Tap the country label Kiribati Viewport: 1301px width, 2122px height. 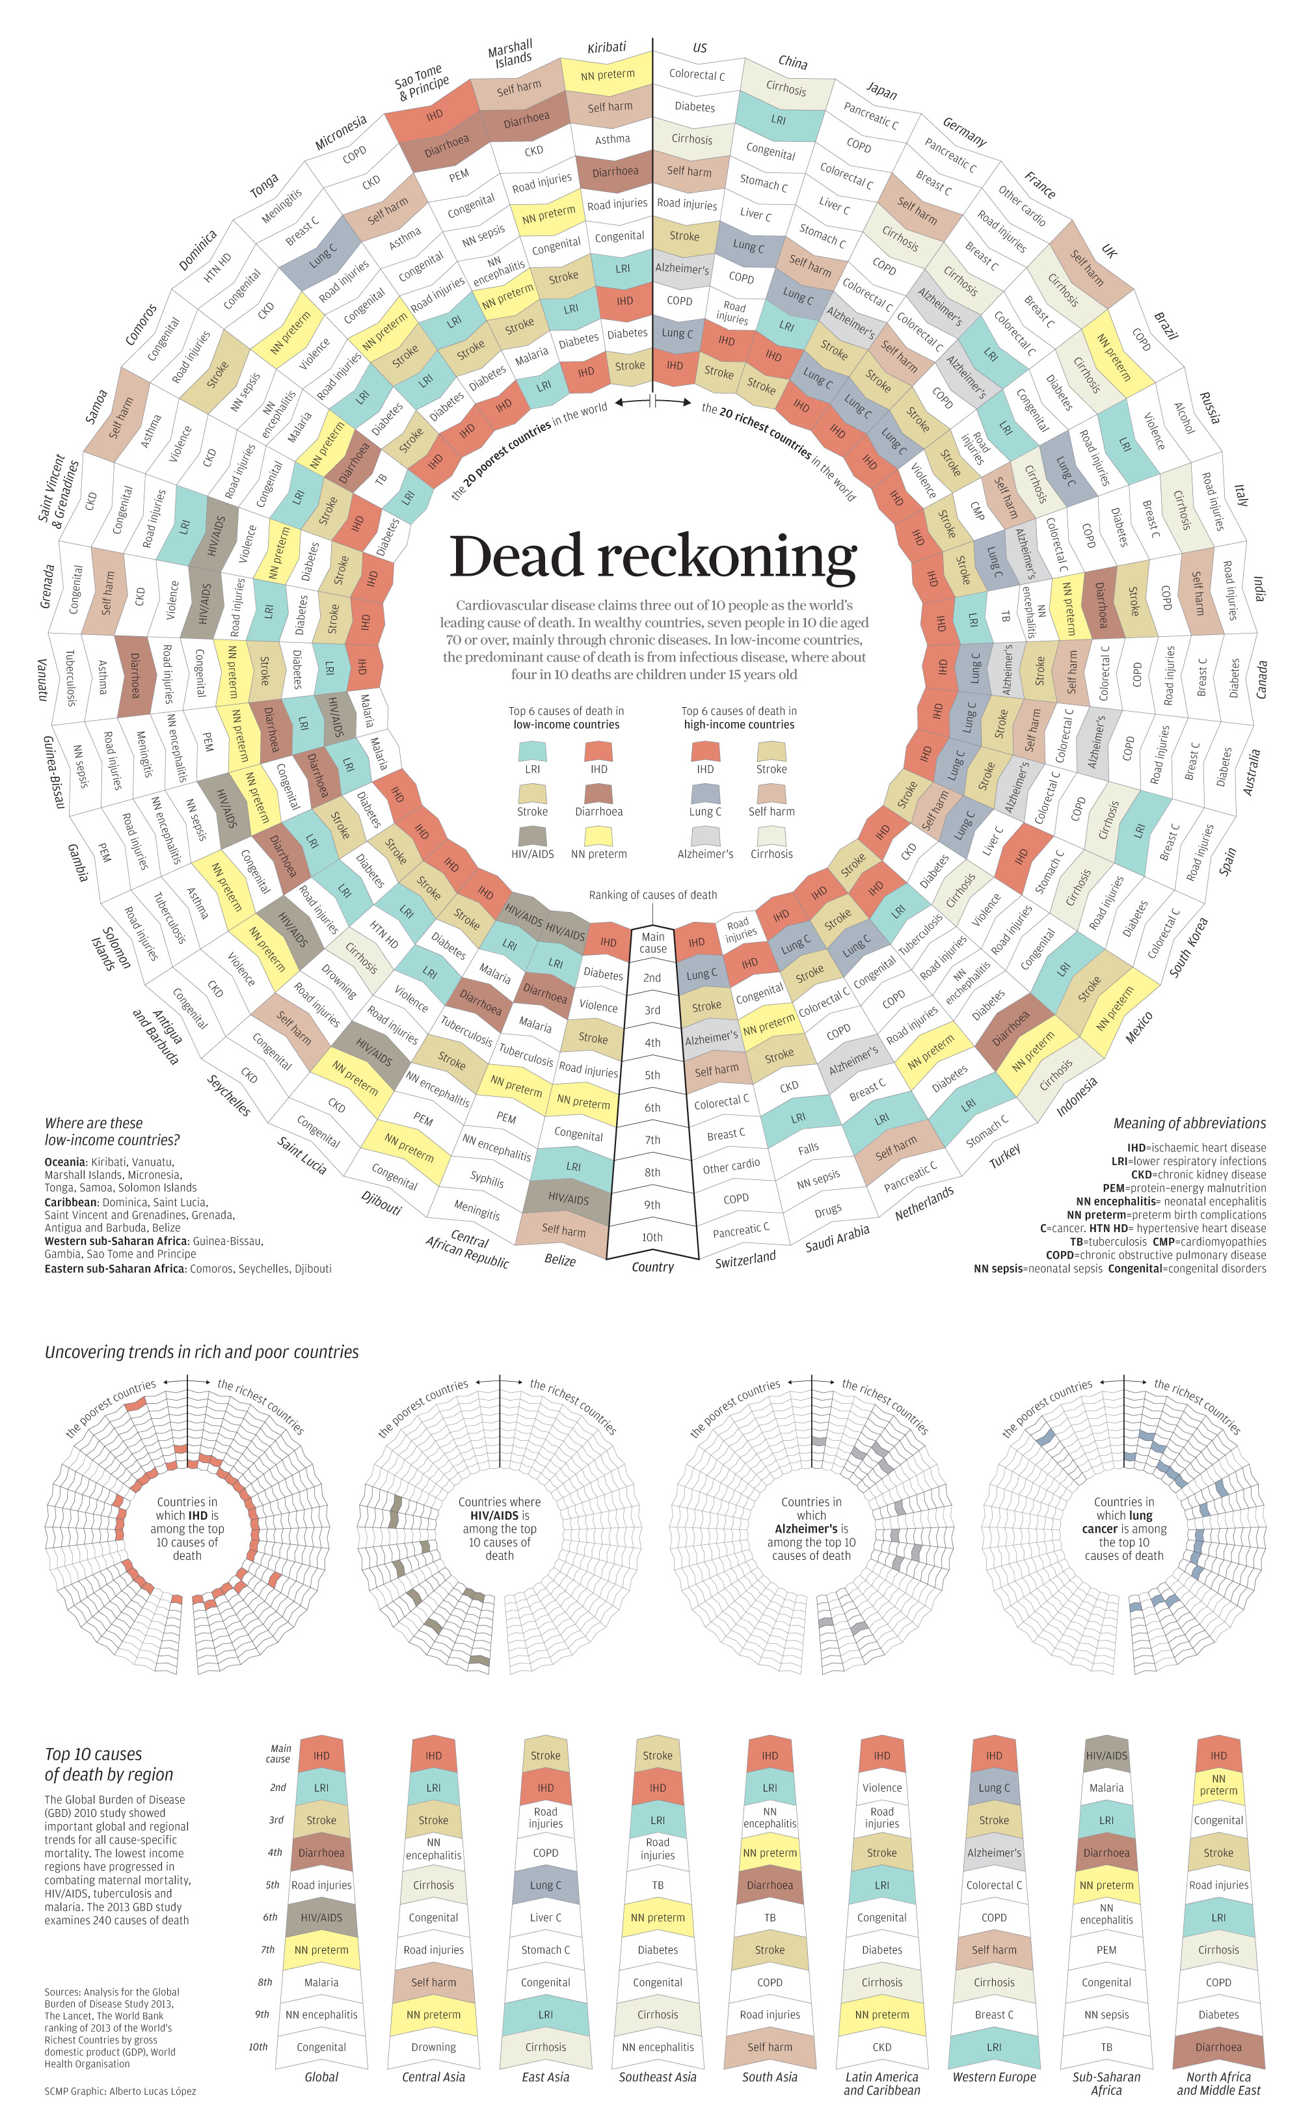pyautogui.click(x=606, y=47)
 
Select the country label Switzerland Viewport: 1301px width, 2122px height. pyautogui.click(x=745, y=1258)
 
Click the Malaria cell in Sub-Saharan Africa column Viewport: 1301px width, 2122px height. pyautogui.click(x=1106, y=1788)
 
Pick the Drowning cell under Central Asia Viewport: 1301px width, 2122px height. pyautogui.click(x=433, y=2047)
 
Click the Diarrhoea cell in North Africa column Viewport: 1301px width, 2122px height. pyautogui.click(x=1218, y=2047)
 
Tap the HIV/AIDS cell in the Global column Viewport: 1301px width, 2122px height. pyautogui.click(x=321, y=1917)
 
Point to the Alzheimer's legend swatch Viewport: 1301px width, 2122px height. pyautogui.click(x=705, y=835)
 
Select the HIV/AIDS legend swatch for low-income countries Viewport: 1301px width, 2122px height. pyautogui.click(x=532, y=835)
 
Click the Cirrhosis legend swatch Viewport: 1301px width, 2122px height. pyautogui.click(x=771, y=835)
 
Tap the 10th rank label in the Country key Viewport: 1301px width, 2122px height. pyautogui.click(x=652, y=1237)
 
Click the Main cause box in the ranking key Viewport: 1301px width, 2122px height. pyautogui.click(x=652, y=942)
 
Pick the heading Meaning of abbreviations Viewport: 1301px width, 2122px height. pyautogui.click(x=1189, y=1123)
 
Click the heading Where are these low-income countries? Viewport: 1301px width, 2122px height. pyautogui.click(x=112, y=1131)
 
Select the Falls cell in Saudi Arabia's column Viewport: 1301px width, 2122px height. pyautogui.click(x=808, y=1148)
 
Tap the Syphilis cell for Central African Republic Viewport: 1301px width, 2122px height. pyautogui.click(x=487, y=1179)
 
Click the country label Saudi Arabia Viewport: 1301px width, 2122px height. pyautogui.click(x=837, y=1239)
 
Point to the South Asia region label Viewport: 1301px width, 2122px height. pyautogui.click(x=769, y=2076)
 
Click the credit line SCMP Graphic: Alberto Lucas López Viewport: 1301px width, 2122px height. pyautogui.click(x=120, y=2091)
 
